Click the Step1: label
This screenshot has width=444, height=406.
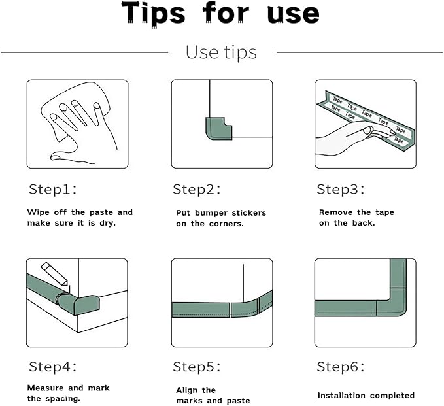coord(53,189)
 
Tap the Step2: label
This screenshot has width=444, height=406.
coord(197,189)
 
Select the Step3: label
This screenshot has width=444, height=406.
coord(341,189)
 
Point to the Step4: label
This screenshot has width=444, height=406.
coord(53,367)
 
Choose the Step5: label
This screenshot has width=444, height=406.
coord(197,367)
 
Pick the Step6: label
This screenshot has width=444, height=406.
coord(341,367)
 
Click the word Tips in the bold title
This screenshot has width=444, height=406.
coord(154,14)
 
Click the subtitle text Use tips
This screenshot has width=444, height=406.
coord(221,53)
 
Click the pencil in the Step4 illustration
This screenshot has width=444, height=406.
coord(54,273)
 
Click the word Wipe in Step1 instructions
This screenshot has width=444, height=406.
coord(38,212)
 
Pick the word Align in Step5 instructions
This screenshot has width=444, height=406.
coord(186,390)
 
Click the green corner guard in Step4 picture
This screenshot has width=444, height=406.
coord(78,304)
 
